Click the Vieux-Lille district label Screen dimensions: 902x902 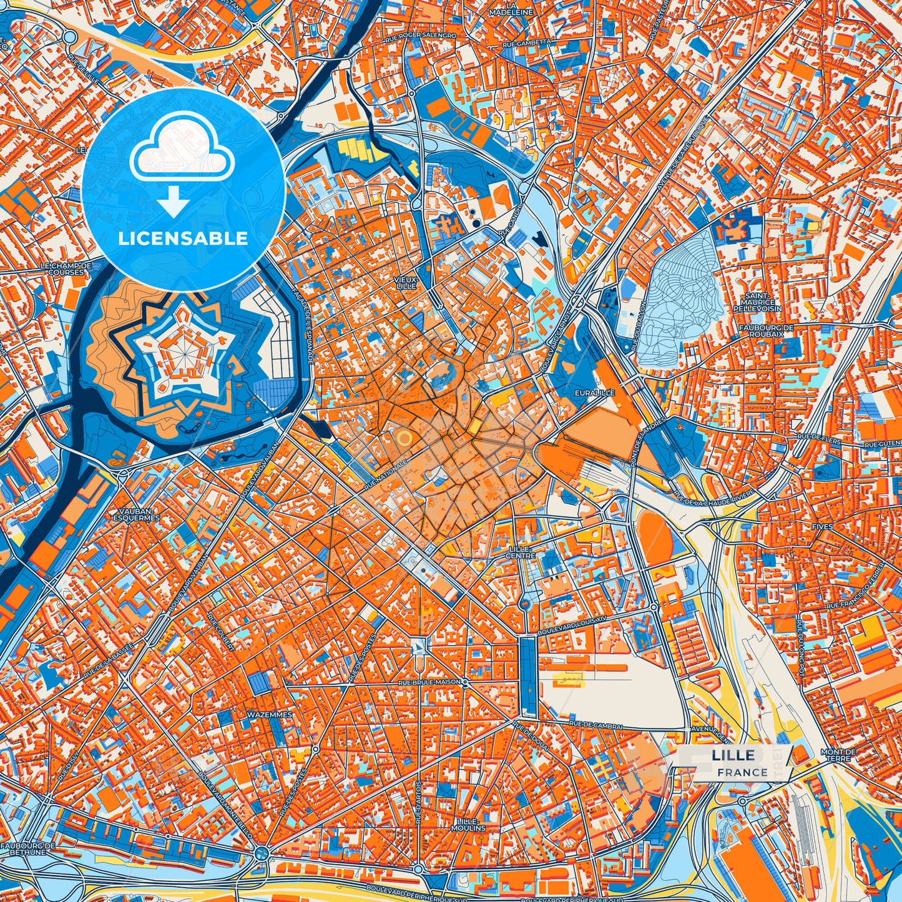pyautogui.click(x=406, y=282)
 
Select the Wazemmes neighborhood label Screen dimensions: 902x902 pyautogui.click(x=270, y=713)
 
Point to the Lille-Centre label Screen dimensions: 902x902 pyautogui.click(x=520, y=552)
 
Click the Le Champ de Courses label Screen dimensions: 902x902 pyautogui.click(x=66, y=269)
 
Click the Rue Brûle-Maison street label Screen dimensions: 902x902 pyautogui.click(x=429, y=683)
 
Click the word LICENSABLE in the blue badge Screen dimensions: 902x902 pyautogui.click(x=183, y=238)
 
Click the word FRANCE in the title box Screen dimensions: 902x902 pyautogui.click(x=742, y=772)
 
